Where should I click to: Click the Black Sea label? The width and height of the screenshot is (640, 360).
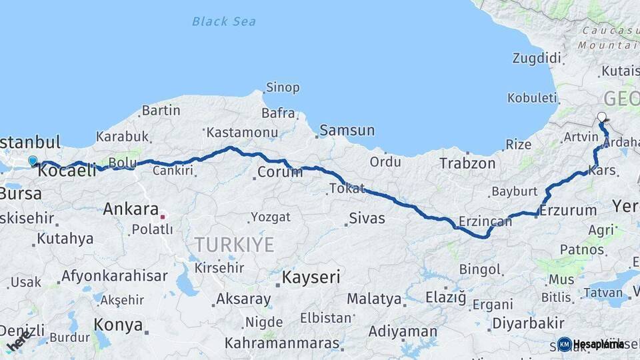point(223,21)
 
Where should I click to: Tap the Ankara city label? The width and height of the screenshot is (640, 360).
point(131,209)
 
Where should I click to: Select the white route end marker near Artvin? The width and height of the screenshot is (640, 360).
point(602,117)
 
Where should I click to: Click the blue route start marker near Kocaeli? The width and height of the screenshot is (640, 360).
point(33,160)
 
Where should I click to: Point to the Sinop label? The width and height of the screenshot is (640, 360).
point(283,87)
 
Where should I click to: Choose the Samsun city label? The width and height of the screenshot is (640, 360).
point(347,131)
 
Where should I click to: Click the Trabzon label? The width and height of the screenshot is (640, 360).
point(467,163)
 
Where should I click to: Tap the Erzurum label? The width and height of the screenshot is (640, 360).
point(568,211)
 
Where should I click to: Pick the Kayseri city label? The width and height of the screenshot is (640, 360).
point(311,276)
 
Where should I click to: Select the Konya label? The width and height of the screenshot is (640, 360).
point(119,325)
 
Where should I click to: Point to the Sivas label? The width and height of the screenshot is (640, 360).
point(367,218)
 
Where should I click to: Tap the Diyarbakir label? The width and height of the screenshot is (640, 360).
point(529,324)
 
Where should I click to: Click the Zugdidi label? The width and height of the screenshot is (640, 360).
point(537,58)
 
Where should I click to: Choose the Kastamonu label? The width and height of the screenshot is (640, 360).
point(241,132)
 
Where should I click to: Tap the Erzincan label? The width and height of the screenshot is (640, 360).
point(485,221)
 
